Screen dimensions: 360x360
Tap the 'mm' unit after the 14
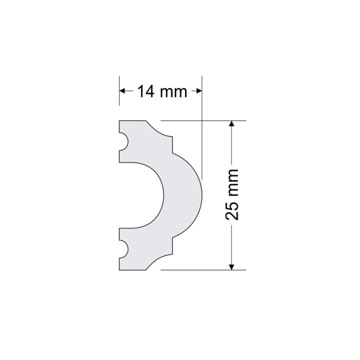174,93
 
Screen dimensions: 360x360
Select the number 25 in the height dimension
232,211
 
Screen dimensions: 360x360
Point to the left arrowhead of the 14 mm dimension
122,91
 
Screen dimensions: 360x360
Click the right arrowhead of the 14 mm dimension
199,91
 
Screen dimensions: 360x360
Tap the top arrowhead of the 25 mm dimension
232,123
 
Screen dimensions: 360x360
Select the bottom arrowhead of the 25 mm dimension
232,267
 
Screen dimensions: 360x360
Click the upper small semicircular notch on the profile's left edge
125,141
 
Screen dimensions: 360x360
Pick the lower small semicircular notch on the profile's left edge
125,249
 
